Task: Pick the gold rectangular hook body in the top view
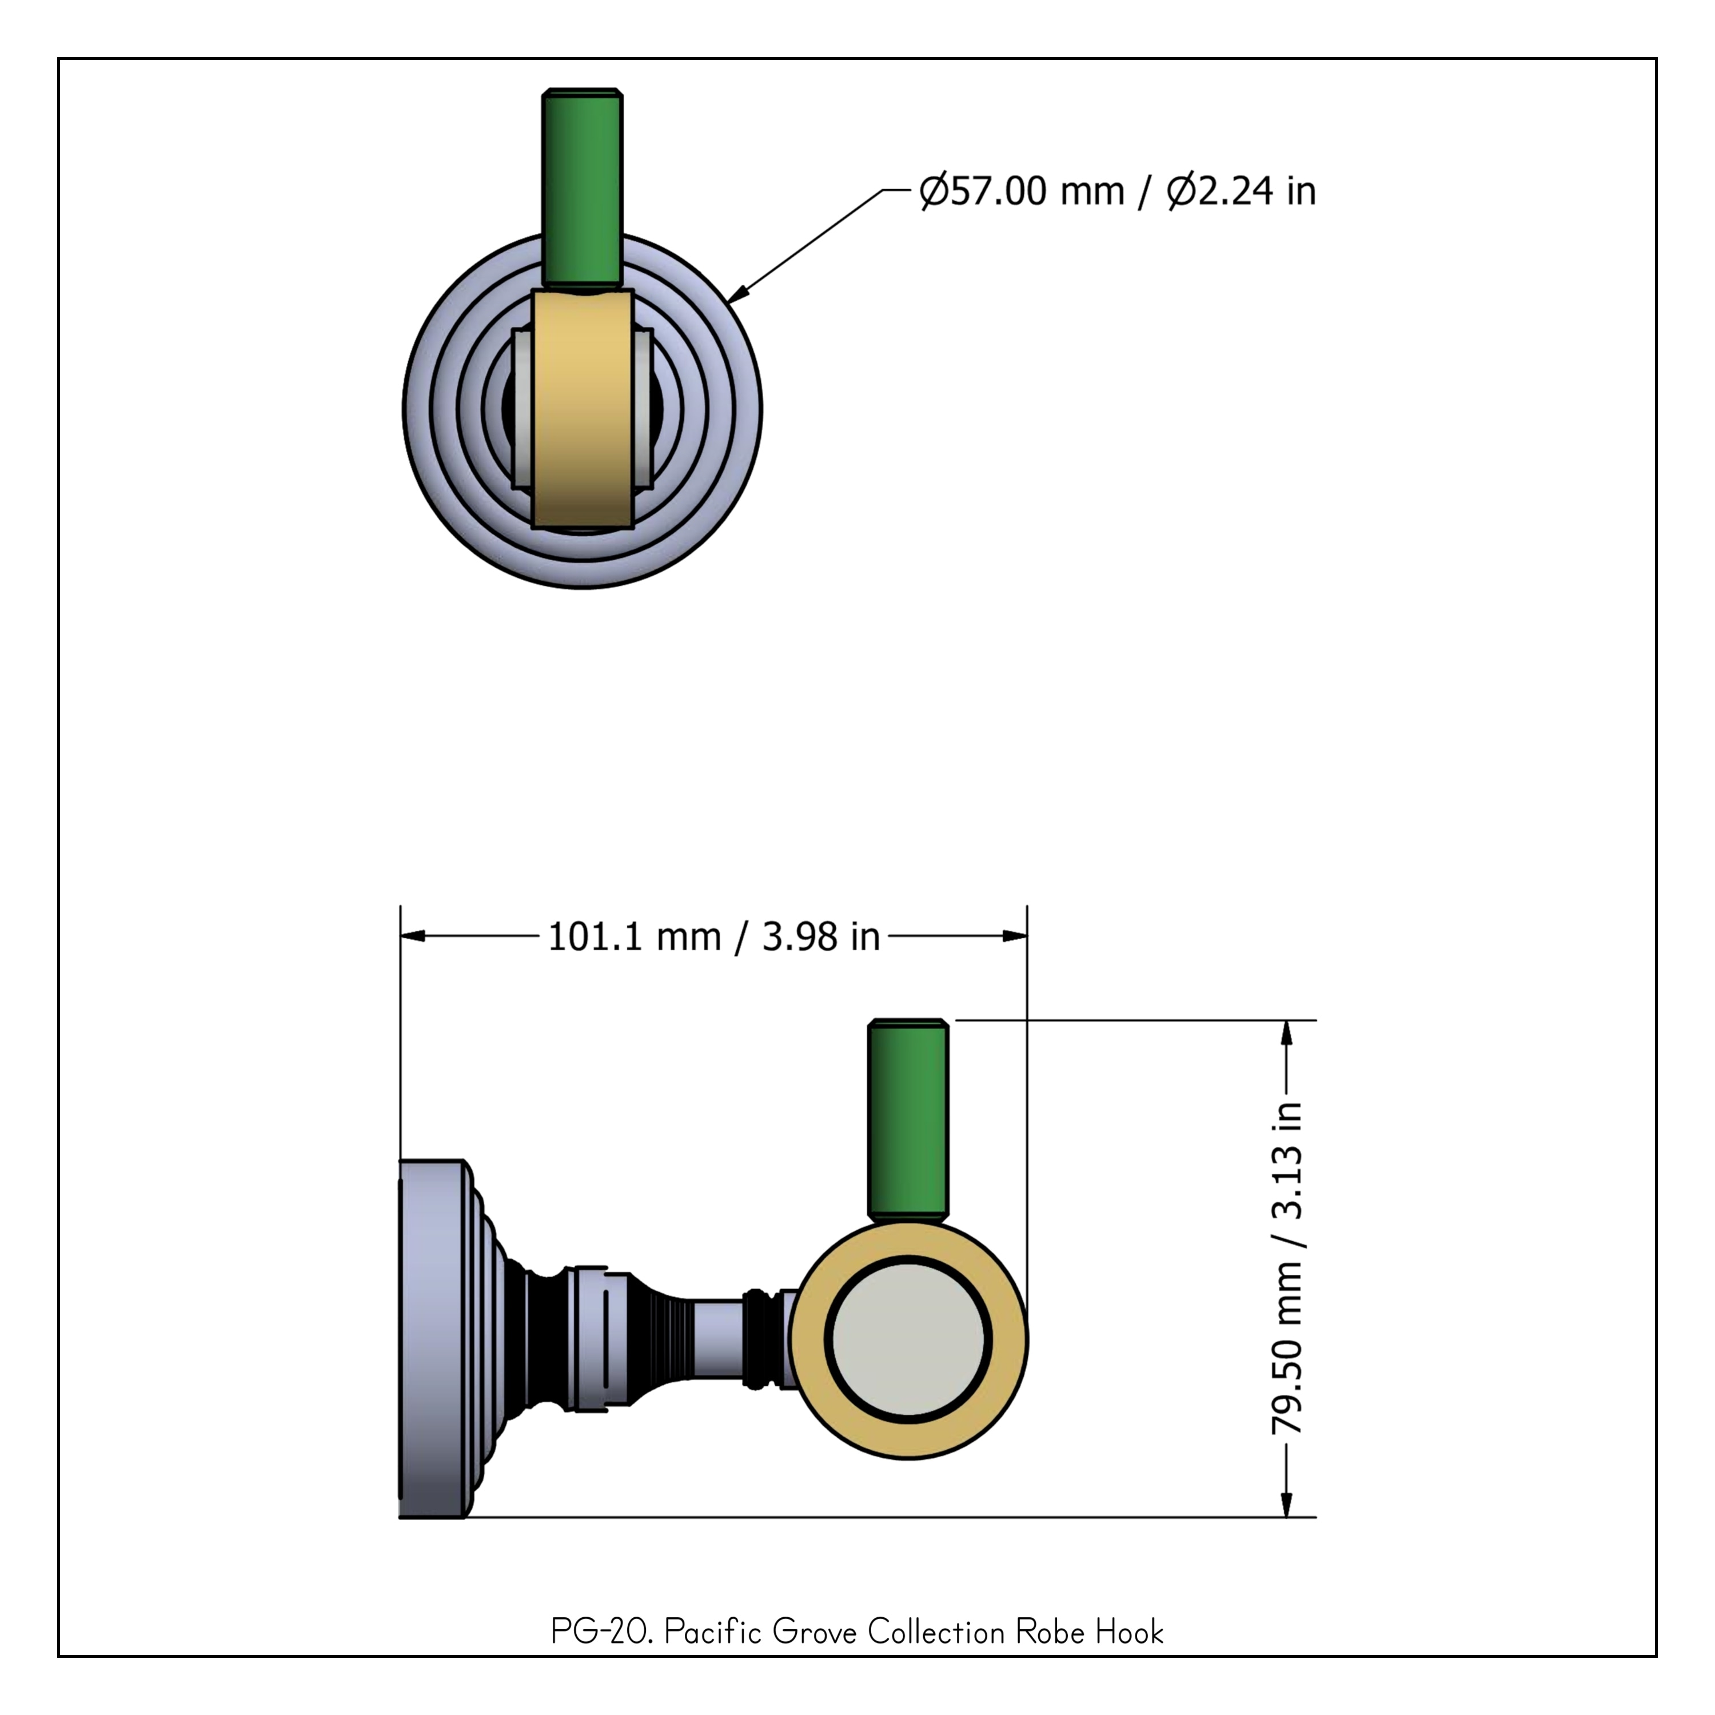coord(583,410)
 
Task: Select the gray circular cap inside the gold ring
coord(908,1341)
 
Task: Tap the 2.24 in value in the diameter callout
coord(1242,191)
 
